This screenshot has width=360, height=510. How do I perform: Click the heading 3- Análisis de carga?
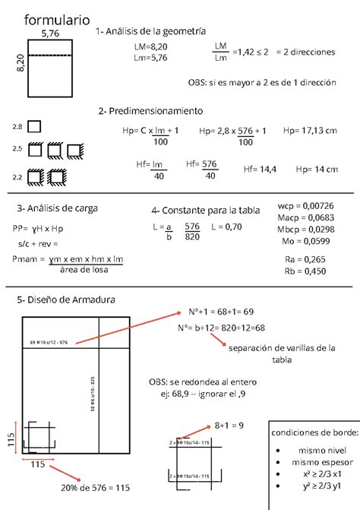pyautogui.click(x=57, y=207)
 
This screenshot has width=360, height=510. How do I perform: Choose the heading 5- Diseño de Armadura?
pyautogui.click(x=66, y=299)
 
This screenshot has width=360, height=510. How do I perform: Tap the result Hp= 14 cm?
pyautogui.click(x=316, y=169)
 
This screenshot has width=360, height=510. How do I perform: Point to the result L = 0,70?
pyautogui.click(x=226, y=226)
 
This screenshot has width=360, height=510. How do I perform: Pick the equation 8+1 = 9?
pyautogui.click(x=229, y=425)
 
